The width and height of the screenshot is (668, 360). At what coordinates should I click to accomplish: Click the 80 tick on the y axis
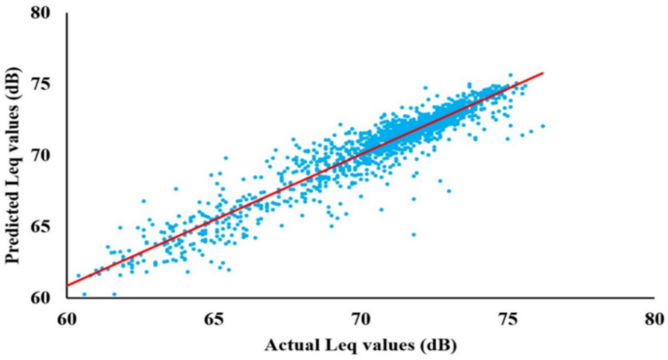[x=43, y=15]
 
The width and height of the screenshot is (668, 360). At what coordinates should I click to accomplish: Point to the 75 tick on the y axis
[x=43, y=85]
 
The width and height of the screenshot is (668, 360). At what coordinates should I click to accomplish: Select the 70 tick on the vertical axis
[x=43, y=155]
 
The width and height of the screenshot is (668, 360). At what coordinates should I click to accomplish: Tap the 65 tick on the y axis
[x=43, y=226]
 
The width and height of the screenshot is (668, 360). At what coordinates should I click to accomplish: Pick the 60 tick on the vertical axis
[x=43, y=297]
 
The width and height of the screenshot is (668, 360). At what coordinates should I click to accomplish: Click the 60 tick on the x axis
[x=66, y=318]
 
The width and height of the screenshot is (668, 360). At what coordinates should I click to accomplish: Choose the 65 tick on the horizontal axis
[x=214, y=318]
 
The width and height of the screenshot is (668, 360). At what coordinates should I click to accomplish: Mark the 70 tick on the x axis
[x=361, y=318]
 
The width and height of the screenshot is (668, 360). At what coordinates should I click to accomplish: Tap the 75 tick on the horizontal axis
[x=508, y=318]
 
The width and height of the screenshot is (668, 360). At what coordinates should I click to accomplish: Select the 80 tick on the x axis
[x=654, y=318]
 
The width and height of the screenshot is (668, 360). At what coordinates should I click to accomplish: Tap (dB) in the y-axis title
[x=13, y=77]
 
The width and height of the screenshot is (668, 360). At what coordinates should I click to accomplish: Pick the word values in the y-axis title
[x=13, y=131]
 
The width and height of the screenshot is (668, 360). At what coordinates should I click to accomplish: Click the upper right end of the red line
[x=542, y=72]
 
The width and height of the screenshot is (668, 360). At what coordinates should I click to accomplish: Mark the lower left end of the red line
[x=66, y=286]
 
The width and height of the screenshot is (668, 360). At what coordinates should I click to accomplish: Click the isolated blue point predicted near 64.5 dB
[x=413, y=234]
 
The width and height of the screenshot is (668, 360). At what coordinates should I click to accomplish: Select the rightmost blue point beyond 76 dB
[x=543, y=126]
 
